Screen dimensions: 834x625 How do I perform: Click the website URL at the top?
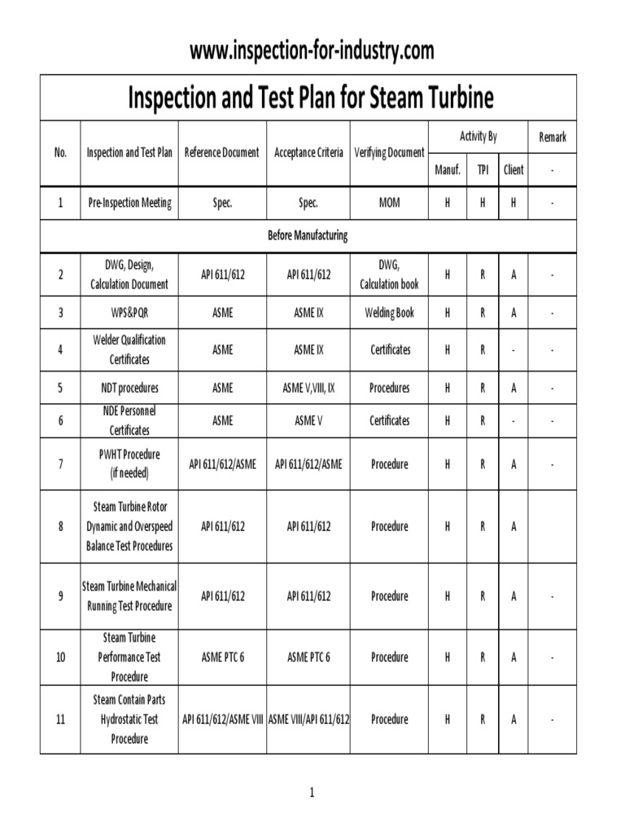(312, 50)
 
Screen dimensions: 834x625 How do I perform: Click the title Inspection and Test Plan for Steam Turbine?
(311, 98)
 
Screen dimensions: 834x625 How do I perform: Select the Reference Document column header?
(222, 152)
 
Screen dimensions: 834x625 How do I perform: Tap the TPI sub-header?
(482, 169)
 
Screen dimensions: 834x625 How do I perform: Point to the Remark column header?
(552, 137)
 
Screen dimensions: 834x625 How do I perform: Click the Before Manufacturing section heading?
(308, 235)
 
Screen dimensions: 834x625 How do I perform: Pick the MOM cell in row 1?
(390, 203)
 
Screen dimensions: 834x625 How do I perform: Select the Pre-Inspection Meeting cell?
(129, 203)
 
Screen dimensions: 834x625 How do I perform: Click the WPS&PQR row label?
(129, 312)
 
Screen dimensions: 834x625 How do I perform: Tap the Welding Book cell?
(390, 312)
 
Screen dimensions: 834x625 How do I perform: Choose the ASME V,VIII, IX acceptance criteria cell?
(308, 388)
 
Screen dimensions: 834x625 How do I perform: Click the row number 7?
(60, 464)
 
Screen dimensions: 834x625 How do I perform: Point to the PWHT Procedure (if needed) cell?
(129, 464)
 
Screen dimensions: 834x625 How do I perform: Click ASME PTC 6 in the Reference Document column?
(222, 657)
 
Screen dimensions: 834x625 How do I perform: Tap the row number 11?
(60, 719)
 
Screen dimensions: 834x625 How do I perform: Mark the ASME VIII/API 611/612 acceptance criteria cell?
(308, 719)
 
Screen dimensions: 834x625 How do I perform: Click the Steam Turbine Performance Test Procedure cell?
(129, 657)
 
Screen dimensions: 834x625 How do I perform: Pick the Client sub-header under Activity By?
(514, 169)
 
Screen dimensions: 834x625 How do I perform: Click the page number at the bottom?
(312, 793)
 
